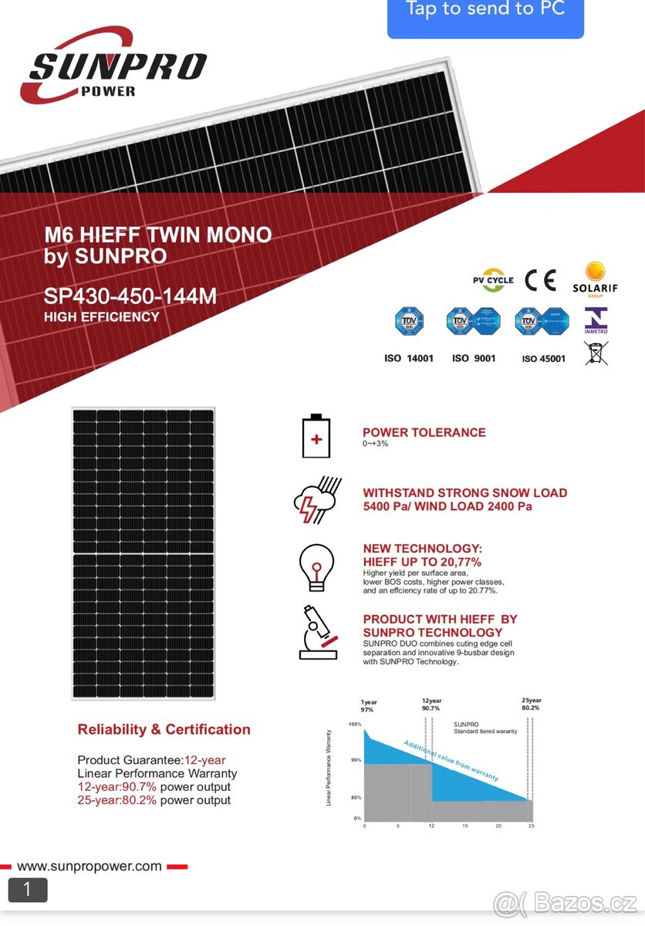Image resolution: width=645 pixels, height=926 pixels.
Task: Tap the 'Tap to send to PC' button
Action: click(485, 12)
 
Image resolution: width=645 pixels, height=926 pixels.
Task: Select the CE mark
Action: click(540, 280)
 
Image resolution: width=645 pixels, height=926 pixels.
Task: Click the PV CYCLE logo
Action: click(493, 280)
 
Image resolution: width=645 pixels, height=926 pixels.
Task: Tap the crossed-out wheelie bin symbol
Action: click(596, 353)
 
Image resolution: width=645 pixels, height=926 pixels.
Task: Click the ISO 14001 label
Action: click(409, 359)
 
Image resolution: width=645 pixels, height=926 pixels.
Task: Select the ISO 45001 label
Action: click(543, 359)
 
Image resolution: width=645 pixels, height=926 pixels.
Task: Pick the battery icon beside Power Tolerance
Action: click(316, 437)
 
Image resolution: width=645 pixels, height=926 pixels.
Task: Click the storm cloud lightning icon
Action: click(317, 499)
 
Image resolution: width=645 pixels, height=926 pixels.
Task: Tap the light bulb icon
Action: click(316, 567)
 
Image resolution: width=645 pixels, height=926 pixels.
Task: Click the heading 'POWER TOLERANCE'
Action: click(424, 433)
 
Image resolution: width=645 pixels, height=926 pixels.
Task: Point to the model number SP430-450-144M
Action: click(130, 296)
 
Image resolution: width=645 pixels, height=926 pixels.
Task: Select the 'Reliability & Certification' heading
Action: click(164, 730)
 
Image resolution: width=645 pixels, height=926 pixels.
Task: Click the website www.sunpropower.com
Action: click(89, 866)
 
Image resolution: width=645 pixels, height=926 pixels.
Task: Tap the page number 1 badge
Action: click(28, 890)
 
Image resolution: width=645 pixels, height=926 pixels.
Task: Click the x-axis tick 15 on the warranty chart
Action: click(465, 826)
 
